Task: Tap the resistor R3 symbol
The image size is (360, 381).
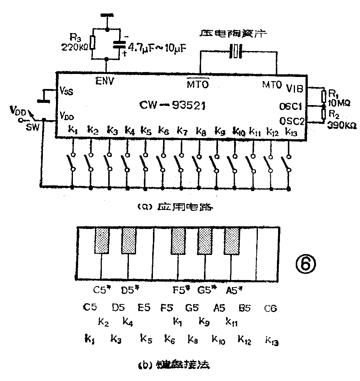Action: coord(92,43)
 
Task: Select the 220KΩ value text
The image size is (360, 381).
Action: coord(75,47)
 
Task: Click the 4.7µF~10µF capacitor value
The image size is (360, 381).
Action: coord(157,48)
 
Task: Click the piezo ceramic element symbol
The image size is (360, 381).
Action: coord(236,52)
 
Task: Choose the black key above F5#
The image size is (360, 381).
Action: coord(178,240)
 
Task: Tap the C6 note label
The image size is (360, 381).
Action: coord(270,309)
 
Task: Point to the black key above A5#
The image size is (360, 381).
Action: coord(231,240)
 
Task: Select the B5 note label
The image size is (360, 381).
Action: coord(245,309)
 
